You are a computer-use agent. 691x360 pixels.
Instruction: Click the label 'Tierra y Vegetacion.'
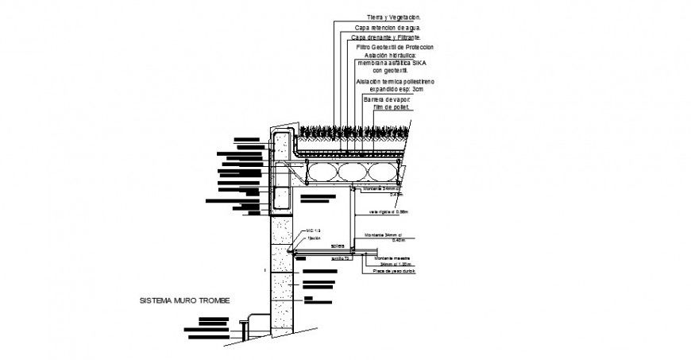coord(394,17)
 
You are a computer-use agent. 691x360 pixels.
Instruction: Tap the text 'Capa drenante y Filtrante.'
coord(388,37)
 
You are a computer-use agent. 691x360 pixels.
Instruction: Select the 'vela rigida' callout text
coord(388,212)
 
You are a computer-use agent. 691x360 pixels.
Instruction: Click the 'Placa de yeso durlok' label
coord(389,272)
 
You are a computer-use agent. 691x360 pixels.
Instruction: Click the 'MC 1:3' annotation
coord(313,230)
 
